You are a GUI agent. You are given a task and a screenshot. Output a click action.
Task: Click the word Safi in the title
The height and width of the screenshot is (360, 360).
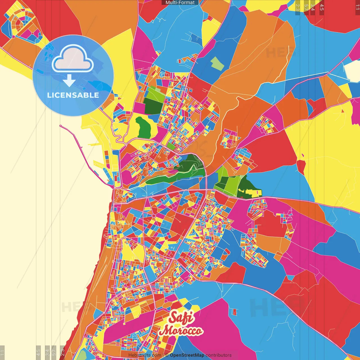coord(182,318)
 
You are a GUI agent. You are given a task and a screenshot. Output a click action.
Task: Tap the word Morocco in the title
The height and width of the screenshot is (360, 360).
coord(181,331)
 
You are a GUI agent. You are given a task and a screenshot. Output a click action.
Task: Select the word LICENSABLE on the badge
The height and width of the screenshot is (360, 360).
coord(73,95)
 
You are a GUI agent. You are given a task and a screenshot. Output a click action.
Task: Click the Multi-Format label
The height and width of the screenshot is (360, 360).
coord(180,3)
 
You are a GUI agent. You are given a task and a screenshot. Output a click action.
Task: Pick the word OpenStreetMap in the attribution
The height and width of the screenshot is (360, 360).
coord(187,355)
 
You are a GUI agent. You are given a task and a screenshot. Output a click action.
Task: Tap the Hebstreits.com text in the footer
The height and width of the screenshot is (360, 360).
coord(145,355)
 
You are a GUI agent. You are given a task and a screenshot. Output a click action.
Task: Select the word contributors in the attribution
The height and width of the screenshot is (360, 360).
coord(219,355)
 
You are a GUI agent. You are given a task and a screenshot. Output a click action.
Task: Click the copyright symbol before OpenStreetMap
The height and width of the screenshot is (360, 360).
coord(166,355)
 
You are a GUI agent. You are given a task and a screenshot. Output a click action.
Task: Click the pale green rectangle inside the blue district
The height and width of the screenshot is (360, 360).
coord(217,64)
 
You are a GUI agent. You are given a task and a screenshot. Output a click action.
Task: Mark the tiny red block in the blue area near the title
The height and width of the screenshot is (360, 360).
coord(235,312)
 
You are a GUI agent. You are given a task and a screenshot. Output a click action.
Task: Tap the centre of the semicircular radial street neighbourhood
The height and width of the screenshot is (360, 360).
coord(21,24)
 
